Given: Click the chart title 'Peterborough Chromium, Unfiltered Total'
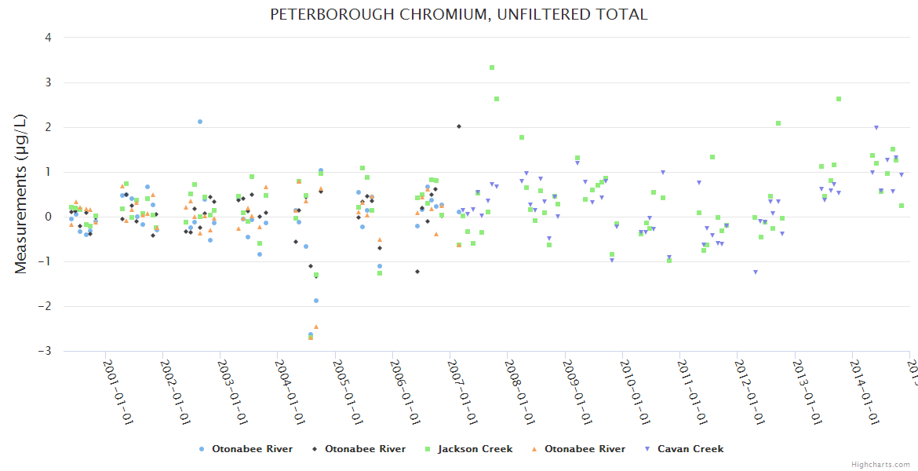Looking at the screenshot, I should pyautogui.click(x=459, y=14).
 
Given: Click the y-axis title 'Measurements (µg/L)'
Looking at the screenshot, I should pyautogui.click(x=20, y=194).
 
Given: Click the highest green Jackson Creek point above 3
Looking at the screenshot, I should pyautogui.click(x=492, y=68).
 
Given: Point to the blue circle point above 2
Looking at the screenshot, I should pyautogui.click(x=200, y=122).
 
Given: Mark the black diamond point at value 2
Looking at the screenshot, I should pyautogui.click(x=459, y=126).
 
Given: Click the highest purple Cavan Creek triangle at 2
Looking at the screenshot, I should pyautogui.click(x=876, y=128).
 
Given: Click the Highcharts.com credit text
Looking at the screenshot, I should pyautogui.click(x=880, y=464).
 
